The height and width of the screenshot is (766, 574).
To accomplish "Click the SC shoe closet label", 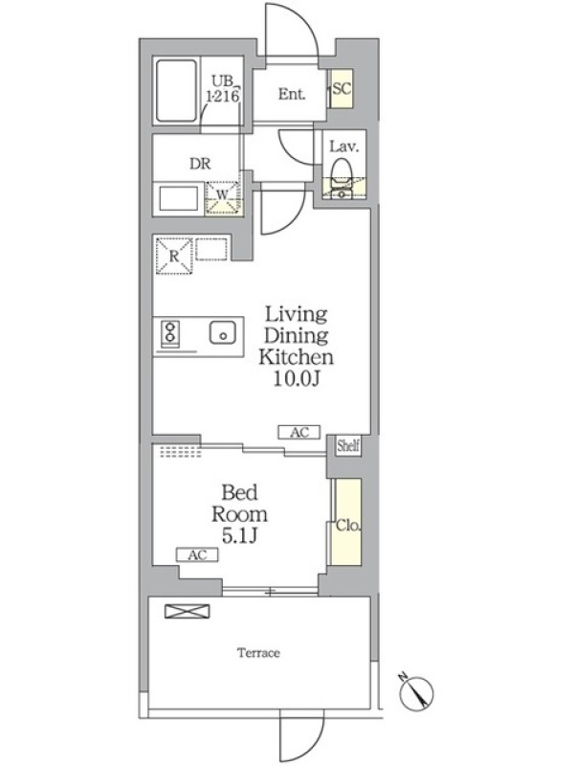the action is pos(342,88).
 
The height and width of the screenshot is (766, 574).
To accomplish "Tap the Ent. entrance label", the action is pos(292,94).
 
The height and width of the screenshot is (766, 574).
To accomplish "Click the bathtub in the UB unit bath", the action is pos(176,91).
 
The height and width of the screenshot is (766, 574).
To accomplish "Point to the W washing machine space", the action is pos(223,197).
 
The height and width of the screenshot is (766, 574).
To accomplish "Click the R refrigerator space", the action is pos(174,256).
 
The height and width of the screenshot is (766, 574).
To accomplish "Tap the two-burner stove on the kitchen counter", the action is pos(170,332).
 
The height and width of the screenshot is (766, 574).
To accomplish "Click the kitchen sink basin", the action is pos(223,333).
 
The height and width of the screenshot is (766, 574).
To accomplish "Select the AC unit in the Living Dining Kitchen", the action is pos(299,433).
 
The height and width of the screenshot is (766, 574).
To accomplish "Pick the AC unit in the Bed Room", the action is pos(197,555).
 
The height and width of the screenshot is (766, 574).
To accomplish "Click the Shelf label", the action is pos(348,445).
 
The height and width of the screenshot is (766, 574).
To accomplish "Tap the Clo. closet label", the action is pos(348,526).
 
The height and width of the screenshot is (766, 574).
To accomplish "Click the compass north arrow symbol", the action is pos(416,692).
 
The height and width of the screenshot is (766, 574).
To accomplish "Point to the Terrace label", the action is pos(258,653).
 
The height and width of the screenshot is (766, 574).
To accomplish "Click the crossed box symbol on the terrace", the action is pos(188,612).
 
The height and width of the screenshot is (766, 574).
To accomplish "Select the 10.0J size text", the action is pos(296,379).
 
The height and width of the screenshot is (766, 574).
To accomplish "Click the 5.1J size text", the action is pos(240,536).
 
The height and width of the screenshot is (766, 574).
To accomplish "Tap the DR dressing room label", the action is pos(200,164).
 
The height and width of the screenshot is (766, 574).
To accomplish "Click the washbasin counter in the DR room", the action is pos(178,198).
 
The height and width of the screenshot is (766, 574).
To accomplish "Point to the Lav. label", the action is pos(344,146).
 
